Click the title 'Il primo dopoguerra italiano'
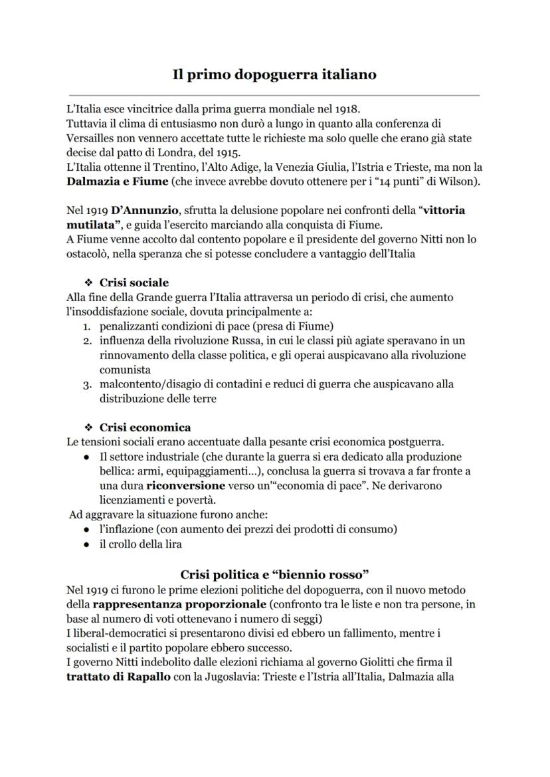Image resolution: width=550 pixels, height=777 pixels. tap(274, 74)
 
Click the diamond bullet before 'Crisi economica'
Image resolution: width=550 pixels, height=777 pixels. tap(87, 427)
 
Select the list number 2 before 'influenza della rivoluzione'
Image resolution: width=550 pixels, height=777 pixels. tap(87, 340)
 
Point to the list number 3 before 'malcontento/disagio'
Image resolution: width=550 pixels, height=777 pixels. tap(87, 384)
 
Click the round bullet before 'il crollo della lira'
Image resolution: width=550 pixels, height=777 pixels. tap(87, 544)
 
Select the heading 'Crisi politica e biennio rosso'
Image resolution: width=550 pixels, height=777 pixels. tap(274, 574)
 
